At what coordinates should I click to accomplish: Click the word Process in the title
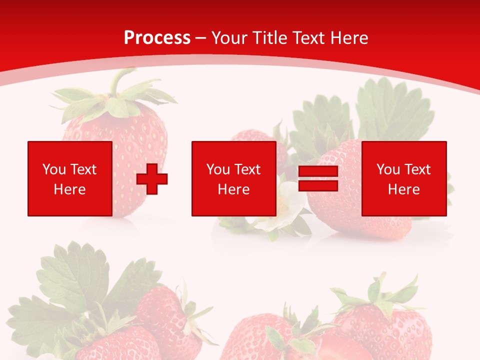click(x=157, y=38)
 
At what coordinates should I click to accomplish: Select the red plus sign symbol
click(x=152, y=179)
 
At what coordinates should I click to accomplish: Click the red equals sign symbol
click(x=318, y=179)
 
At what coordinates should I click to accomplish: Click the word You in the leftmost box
click(x=54, y=169)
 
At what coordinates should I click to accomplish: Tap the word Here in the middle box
click(x=233, y=189)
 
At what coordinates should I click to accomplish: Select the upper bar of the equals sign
click(x=318, y=171)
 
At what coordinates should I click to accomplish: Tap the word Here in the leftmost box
click(x=69, y=189)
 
